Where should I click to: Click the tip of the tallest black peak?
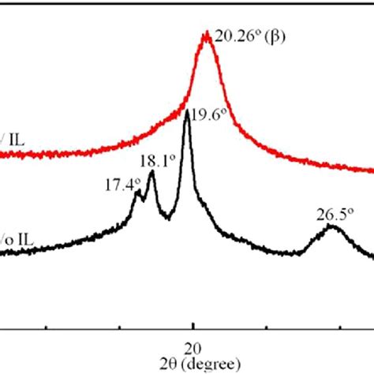pos(187,112)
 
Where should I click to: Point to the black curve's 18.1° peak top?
pos(151,173)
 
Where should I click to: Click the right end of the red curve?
pos(372,170)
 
